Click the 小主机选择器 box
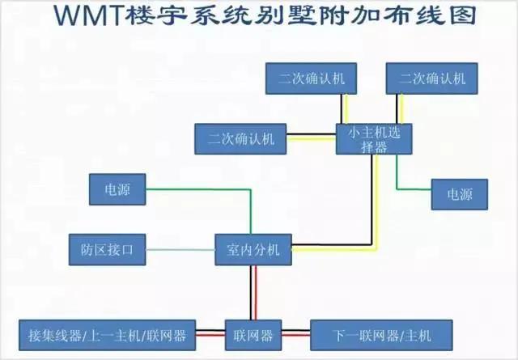(375, 138)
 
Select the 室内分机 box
(253, 250)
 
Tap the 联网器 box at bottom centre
(253, 332)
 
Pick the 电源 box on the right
(459, 193)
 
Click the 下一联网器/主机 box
(382, 332)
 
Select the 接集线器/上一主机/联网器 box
(107, 332)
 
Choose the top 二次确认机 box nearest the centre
(312, 78)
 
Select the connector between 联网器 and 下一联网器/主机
(296, 332)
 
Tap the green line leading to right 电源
(397, 174)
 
